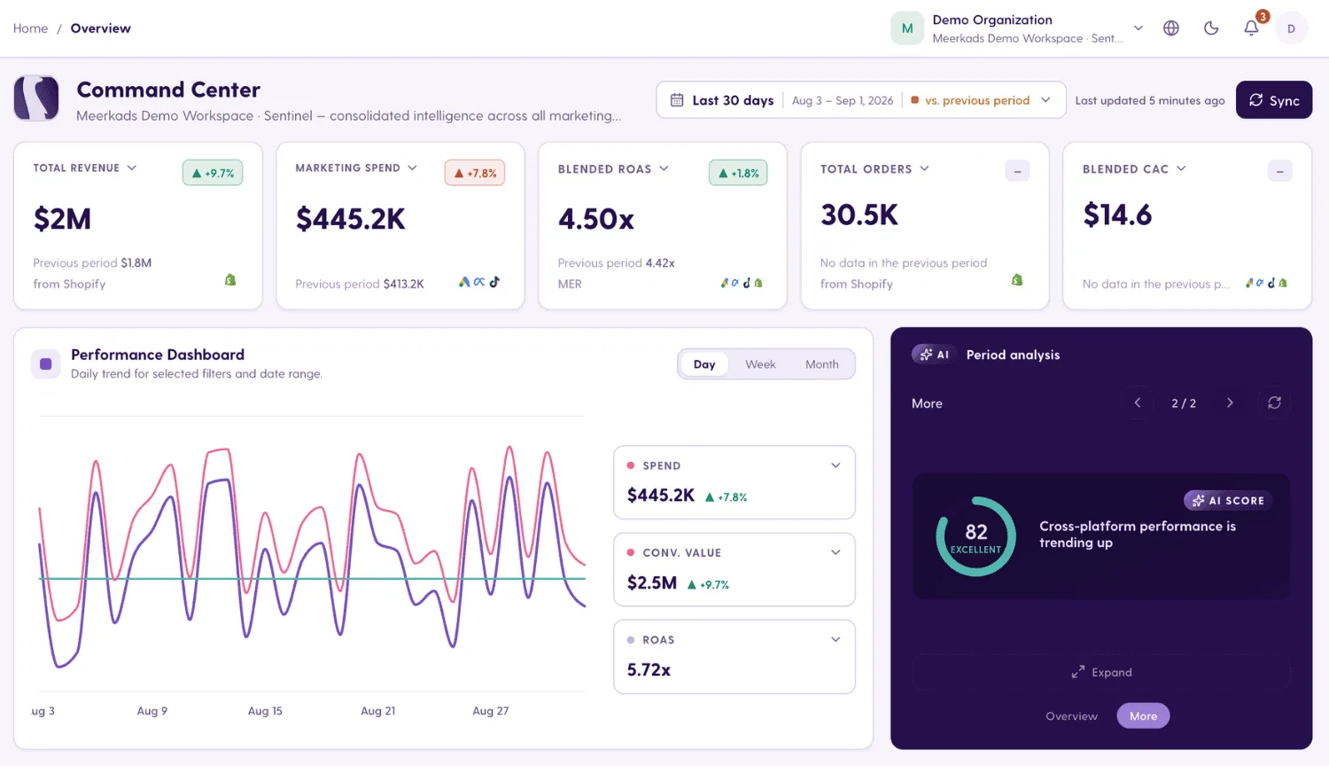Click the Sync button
tap(1274, 100)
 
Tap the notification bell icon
tap(1251, 27)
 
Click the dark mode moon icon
tap(1211, 27)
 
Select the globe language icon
tap(1170, 27)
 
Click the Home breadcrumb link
tap(30, 27)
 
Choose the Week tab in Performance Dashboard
tap(760, 364)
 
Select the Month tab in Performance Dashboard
tap(821, 364)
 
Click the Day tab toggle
tap(704, 364)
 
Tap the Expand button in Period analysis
tap(1101, 672)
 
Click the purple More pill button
tap(1143, 715)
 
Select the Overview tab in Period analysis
tap(1071, 716)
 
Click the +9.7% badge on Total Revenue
tap(213, 173)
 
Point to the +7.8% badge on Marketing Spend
tap(475, 173)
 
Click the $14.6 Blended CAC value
tap(1117, 215)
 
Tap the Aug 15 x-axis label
tap(265, 711)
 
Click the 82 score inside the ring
tap(976, 531)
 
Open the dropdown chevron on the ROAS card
tap(835, 639)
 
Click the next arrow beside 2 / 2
tap(1230, 403)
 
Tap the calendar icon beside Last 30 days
tap(677, 100)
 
